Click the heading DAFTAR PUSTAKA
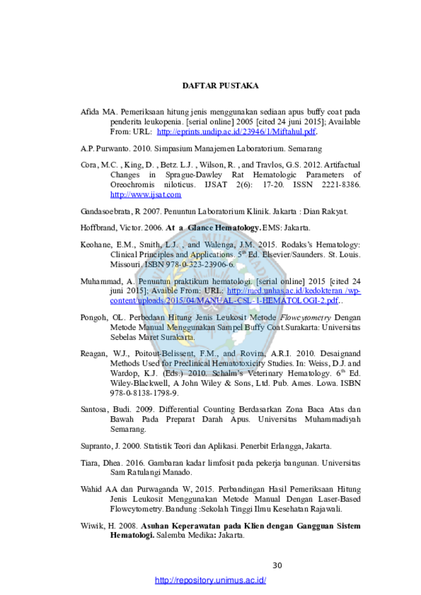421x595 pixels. [220, 85]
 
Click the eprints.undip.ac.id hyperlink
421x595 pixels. [236, 131]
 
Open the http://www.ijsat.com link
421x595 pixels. [146, 195]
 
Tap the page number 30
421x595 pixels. [277, 565]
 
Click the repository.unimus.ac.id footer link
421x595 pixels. [210, 580]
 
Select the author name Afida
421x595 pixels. [89, 112]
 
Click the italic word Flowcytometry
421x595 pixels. [306, 318]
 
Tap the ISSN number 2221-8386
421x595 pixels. [341, 185]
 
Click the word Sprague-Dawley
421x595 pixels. [194, 175]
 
